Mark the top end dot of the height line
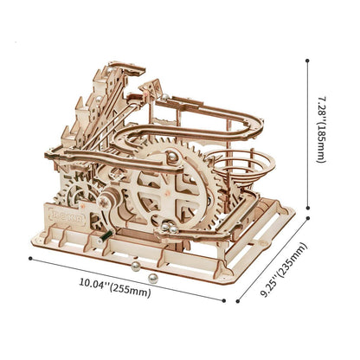[307, 61]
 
